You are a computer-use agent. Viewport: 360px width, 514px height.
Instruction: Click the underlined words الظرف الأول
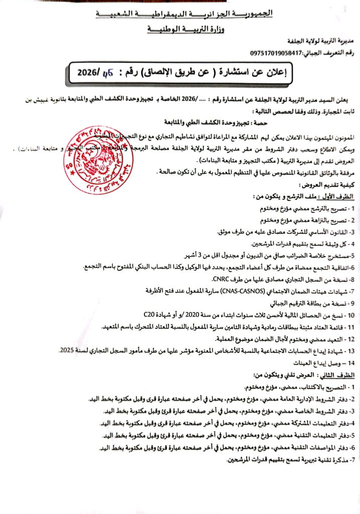340,196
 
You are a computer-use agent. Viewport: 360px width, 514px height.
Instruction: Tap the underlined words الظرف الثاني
339,374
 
